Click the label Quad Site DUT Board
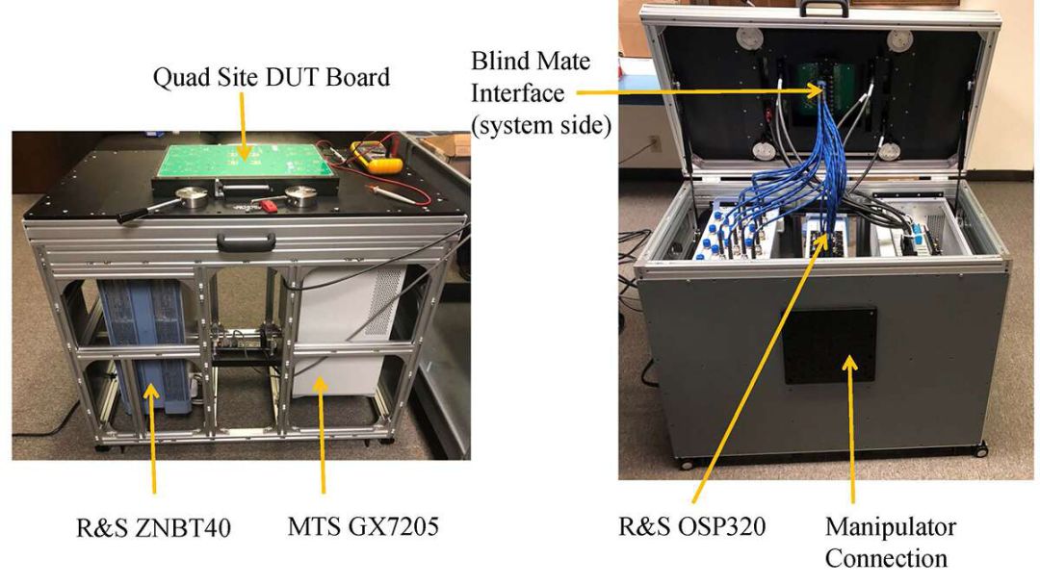click(272, 78)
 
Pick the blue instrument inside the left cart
click(144, 346)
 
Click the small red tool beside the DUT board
click(269, 203)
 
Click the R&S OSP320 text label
click(692, 528)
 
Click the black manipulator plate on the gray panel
click(829, 345)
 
